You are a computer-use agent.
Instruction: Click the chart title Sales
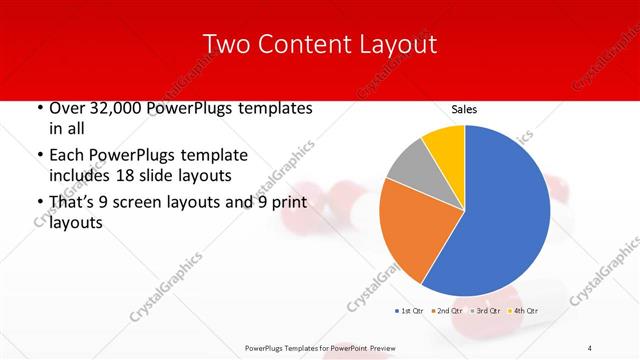click(464, 108)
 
